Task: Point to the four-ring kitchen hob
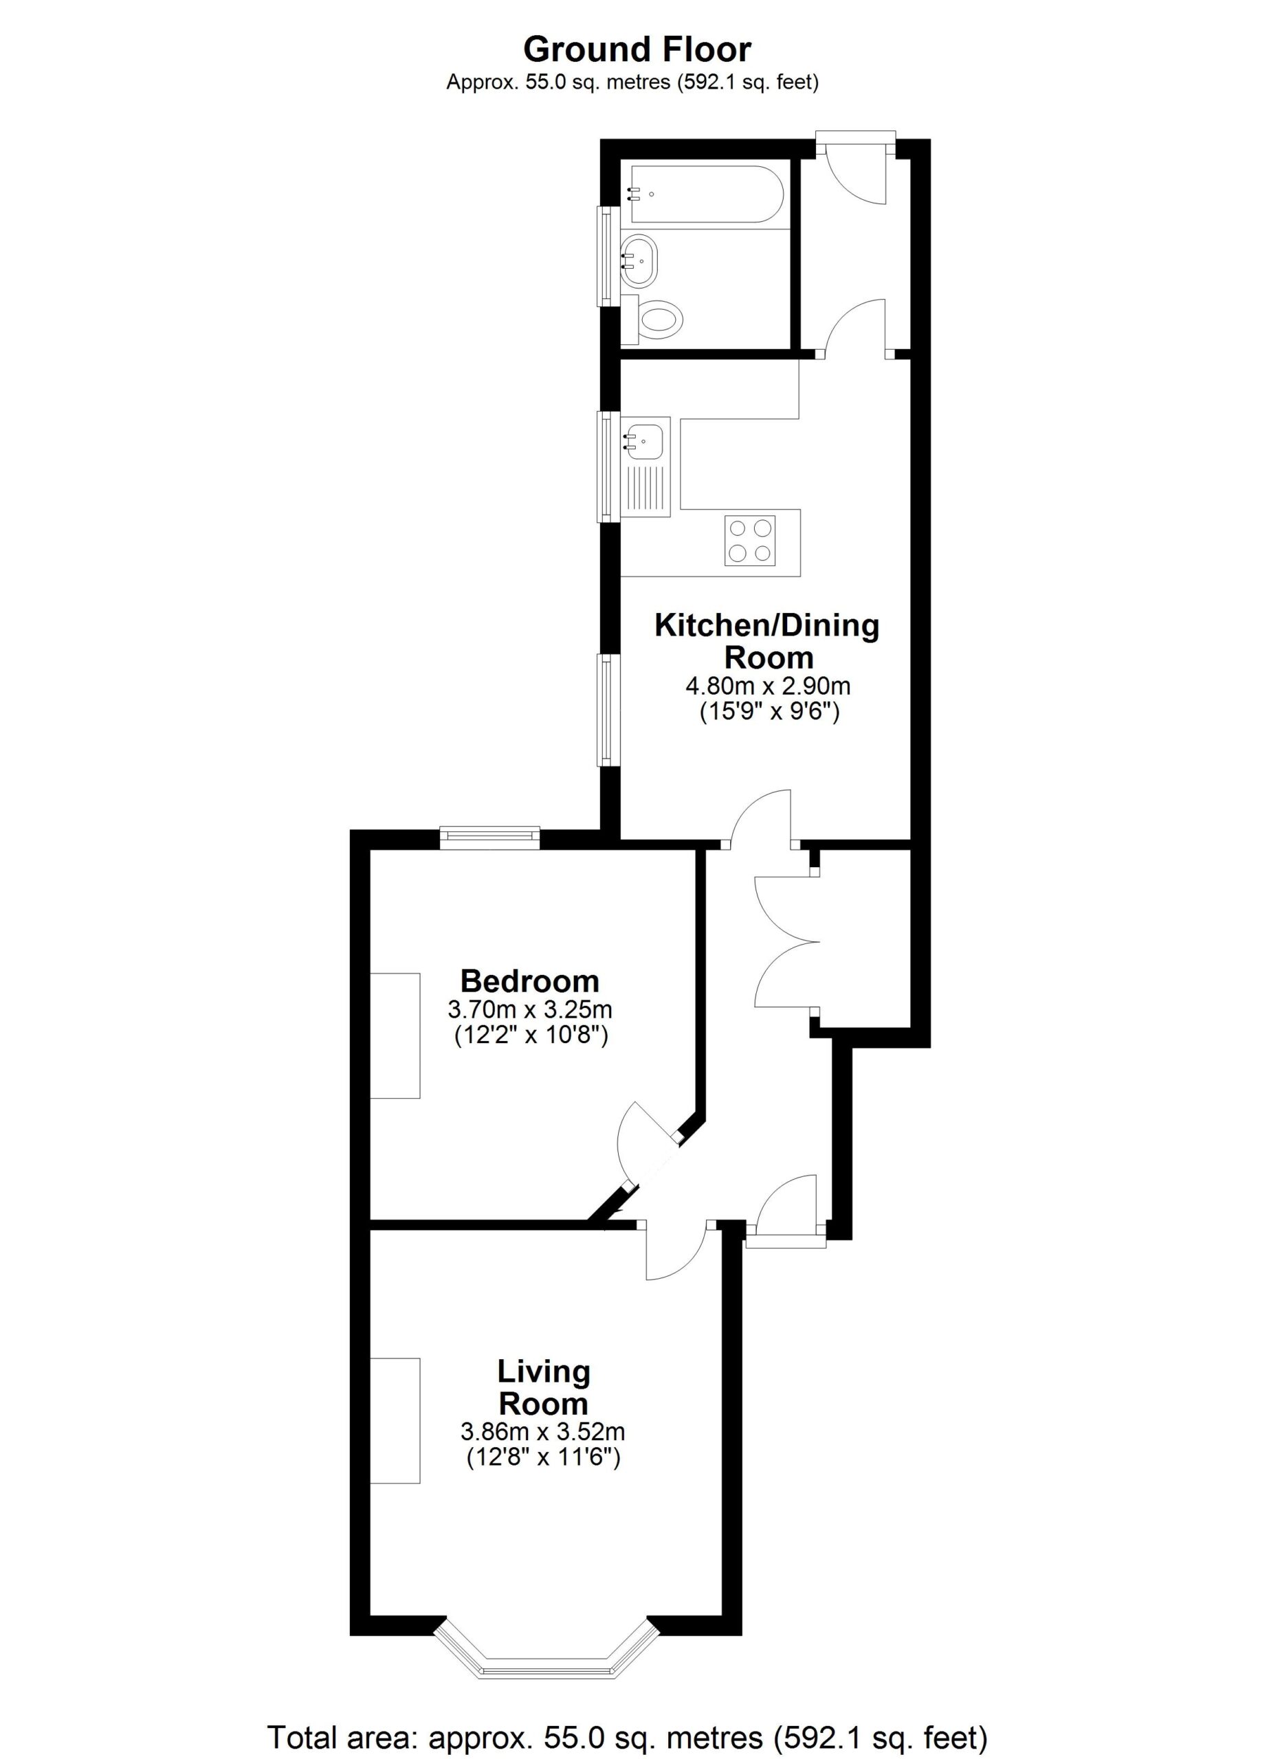point(751,541)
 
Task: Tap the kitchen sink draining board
point(645,490)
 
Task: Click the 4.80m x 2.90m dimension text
point(768,686)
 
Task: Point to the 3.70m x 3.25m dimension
point(530,1010)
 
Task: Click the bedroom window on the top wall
point(489,836)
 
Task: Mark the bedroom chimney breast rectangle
point(395,1036)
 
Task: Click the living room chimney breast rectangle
point(395,1421)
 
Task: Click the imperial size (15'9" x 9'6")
point(769,712)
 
